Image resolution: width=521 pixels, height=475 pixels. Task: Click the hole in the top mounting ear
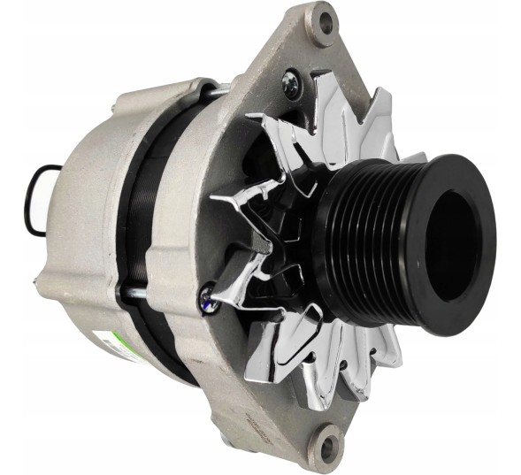point(325,22)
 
